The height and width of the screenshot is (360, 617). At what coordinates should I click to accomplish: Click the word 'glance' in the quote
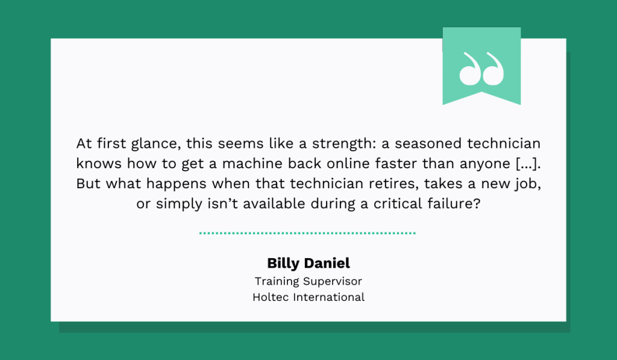(x=156, y=144)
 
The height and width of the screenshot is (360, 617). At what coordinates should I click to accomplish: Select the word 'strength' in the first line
(x=344, y=144)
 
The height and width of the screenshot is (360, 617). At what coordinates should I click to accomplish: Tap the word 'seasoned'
(x=428, y=144)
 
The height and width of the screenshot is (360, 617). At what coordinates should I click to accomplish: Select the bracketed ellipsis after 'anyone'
(x=528, y=163)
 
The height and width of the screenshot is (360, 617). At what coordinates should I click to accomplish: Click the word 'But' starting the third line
(x=88, y=183)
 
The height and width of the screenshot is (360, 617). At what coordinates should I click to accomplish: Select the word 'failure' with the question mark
(x=454, y=204)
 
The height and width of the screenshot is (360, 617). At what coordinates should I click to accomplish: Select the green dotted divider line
(x=307, y=233)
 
